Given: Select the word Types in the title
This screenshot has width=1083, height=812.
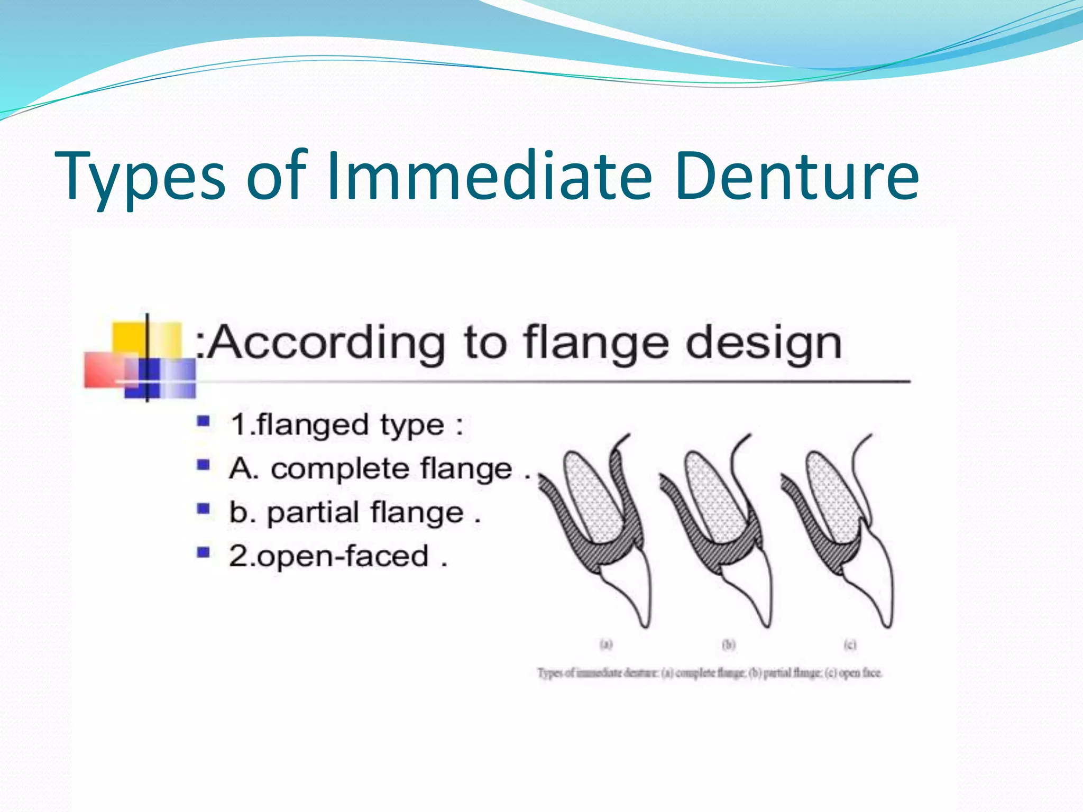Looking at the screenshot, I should point(140,177).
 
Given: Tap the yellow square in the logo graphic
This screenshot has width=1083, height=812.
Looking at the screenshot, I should point(129,338).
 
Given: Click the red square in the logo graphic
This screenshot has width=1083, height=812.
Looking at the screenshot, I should point(103,369).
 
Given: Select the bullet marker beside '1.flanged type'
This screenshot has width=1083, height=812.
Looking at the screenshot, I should point(204,421).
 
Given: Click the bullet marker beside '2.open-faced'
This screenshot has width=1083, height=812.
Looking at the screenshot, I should point(204,553).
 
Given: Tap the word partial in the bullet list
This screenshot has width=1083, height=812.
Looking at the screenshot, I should point(313,513).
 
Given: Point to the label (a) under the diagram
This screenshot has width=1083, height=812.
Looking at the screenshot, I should point(606,644).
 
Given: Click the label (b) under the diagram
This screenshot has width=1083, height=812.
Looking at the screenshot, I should point(729,644).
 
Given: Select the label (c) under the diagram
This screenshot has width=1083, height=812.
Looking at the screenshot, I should point(850,644).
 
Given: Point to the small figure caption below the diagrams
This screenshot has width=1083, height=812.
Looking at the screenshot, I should point(710,673).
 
